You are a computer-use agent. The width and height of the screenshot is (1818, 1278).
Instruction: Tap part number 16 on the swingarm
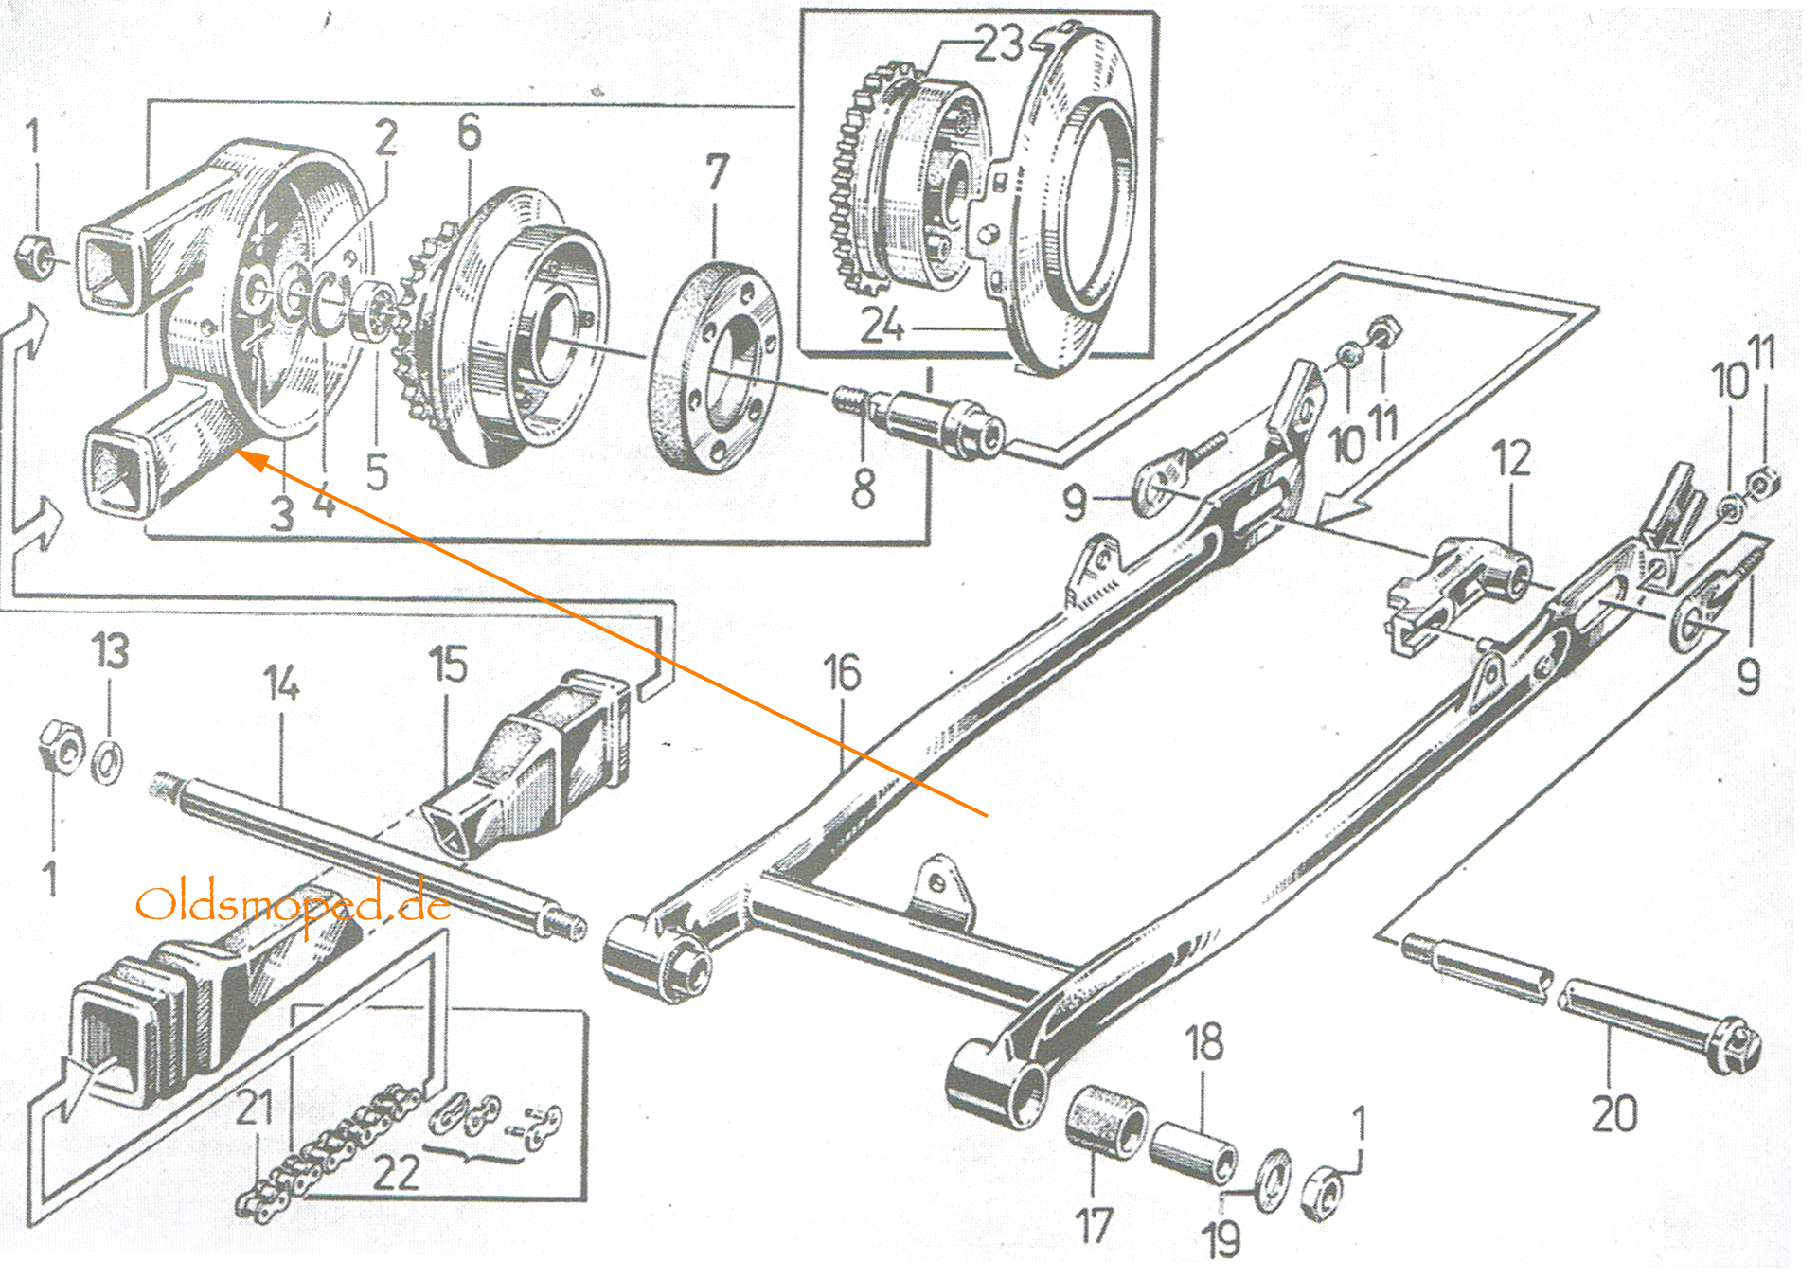(x=842, y=674)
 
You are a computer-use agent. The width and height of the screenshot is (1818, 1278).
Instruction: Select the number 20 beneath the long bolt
(x=1613, y=1113)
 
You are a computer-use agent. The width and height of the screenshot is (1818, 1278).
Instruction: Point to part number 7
(x=717, y=173)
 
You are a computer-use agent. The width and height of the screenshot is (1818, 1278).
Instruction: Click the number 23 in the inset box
(x=998, y=44)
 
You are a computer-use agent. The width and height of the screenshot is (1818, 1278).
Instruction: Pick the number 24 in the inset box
(x=882, y=326)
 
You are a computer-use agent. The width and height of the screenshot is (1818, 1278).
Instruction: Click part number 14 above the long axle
(x=281, y=683)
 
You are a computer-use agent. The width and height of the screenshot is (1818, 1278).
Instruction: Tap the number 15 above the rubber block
(x=448, y=665)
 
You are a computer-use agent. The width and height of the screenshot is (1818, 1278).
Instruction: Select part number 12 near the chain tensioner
(x=1510, y=459)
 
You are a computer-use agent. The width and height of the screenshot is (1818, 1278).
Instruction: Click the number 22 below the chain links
(x=396, y=1173)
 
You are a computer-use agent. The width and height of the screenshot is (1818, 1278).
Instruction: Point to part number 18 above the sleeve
(x=1203, y=1042)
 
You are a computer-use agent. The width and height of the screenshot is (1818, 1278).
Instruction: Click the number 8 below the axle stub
(x=863, y=488)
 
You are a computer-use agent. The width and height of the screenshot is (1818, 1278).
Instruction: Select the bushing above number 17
(x=1105, y=1119)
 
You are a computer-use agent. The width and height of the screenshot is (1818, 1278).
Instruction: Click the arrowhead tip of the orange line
(x=237, y=453)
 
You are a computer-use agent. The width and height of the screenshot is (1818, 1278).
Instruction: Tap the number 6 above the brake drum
(x=469, y=133)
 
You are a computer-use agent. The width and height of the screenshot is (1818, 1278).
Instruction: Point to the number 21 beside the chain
(x=254, y=1108)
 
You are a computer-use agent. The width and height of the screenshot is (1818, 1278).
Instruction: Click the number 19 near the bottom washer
(x=1221, y=1239)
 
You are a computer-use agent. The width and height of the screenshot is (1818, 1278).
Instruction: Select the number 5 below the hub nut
(x=377, y=471)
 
